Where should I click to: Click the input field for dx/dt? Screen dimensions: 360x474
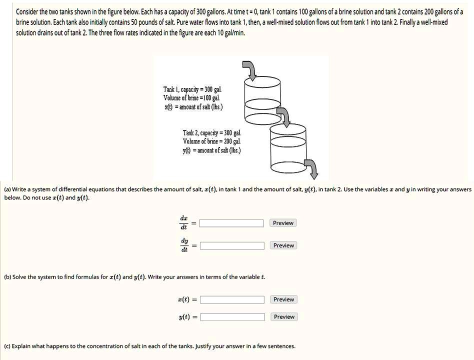click(232, 223)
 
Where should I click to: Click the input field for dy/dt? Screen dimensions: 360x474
click(232, 245)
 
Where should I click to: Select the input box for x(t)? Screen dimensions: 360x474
click(232, 299)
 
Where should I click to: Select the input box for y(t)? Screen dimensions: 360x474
click(232, 317)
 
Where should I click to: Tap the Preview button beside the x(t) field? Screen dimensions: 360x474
click(283, 299)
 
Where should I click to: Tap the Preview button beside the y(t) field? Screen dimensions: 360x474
click(283, 317)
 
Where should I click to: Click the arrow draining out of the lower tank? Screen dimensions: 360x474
click(311, 168)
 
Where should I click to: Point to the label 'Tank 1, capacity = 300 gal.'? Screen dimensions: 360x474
click(188, 90)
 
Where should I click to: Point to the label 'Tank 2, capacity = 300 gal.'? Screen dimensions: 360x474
click(211, 133)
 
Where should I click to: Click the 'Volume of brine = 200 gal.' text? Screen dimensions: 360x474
click(211, 141)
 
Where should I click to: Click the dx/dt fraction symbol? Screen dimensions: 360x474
click(184, 222)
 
